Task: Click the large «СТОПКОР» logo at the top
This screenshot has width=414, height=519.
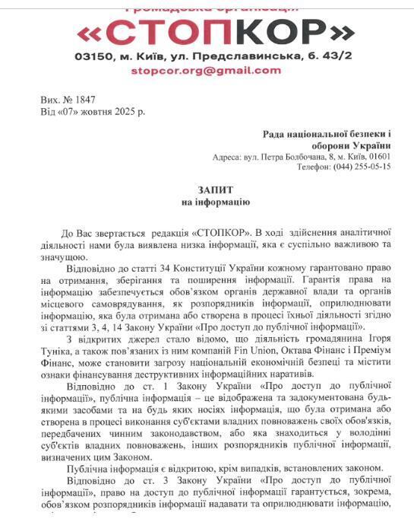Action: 216,31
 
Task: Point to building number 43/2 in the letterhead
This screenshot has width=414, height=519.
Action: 338,56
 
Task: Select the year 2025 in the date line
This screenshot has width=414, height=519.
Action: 122,112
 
